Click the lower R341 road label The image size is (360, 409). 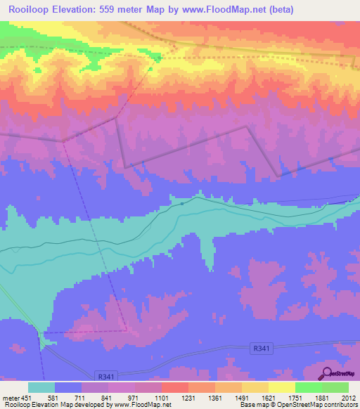(x=106, y=377)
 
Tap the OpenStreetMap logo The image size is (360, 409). (x=340, y=374)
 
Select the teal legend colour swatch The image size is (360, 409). (x=41, y=387)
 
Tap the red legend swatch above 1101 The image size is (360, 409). (x=174, y=387)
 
